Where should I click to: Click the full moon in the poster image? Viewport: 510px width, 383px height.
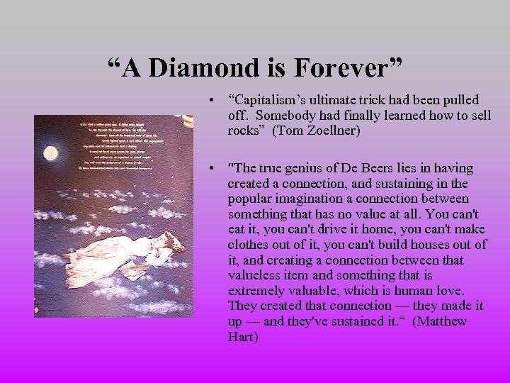50,153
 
